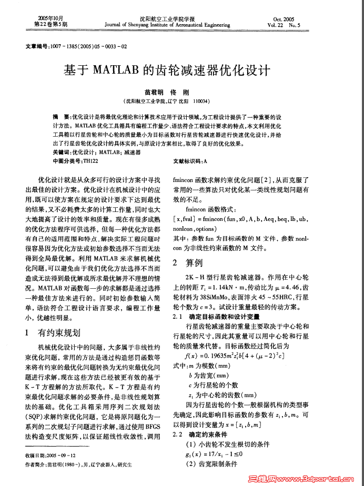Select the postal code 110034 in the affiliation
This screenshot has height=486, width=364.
pos(201,100)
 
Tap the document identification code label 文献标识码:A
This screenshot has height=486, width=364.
pos(190,160)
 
